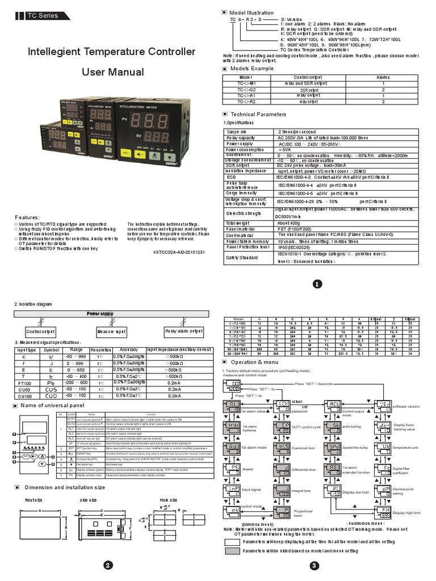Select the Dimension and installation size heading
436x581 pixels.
tap(63, 486)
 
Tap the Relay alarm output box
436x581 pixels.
tap(183, 331)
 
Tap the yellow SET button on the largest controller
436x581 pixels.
tap(126, 153)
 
